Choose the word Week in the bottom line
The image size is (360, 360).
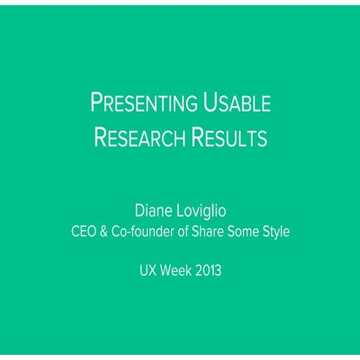175,271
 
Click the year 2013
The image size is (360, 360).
207,271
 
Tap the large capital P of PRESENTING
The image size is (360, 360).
96,104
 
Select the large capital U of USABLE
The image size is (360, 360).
201,104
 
